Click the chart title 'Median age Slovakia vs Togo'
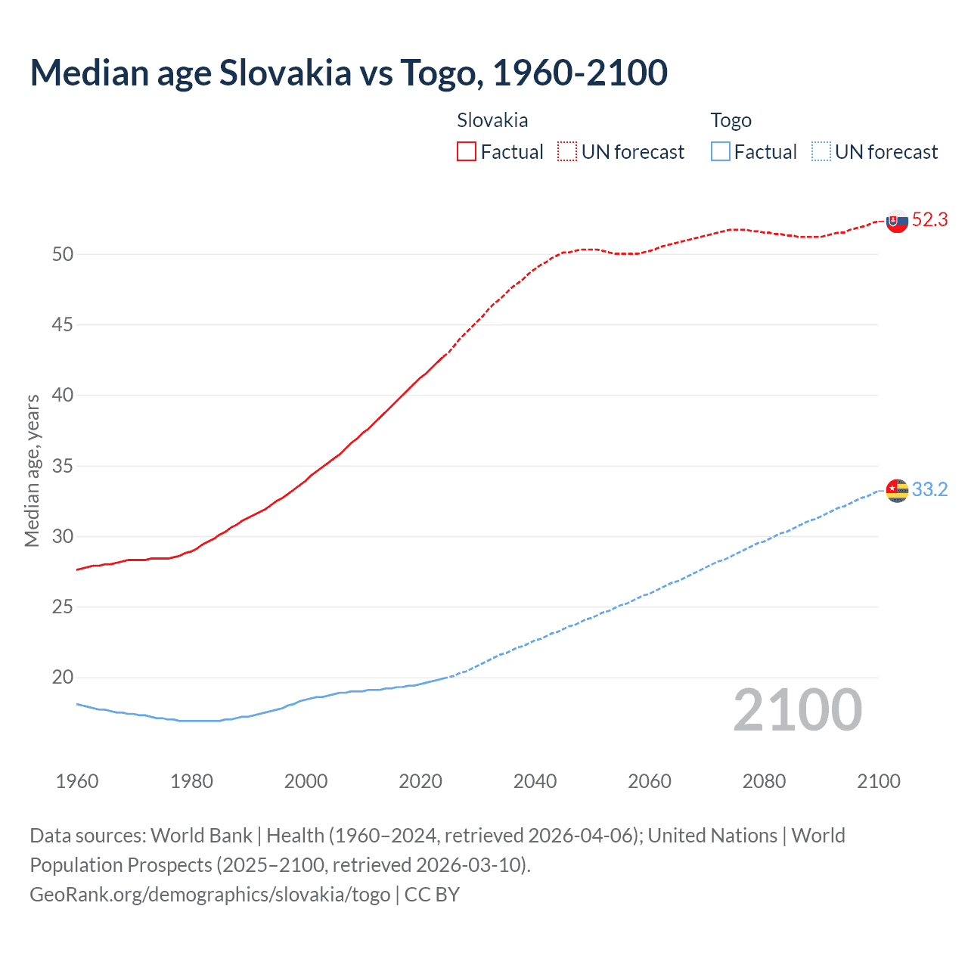349,73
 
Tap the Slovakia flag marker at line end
897,222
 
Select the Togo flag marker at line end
897,491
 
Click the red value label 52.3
929,220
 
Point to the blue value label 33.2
929,490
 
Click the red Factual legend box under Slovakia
467,152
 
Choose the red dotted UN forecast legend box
567,152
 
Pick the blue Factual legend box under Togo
721,152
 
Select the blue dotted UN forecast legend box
821,152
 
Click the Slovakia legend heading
492,120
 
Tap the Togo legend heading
731,120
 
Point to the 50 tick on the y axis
63,255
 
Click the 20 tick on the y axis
63,678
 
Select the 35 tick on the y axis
63,466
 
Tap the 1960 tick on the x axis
77,781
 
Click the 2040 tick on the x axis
535,781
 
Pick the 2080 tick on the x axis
764,781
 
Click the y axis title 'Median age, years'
32,470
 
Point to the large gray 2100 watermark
798,710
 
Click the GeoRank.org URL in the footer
210,895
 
